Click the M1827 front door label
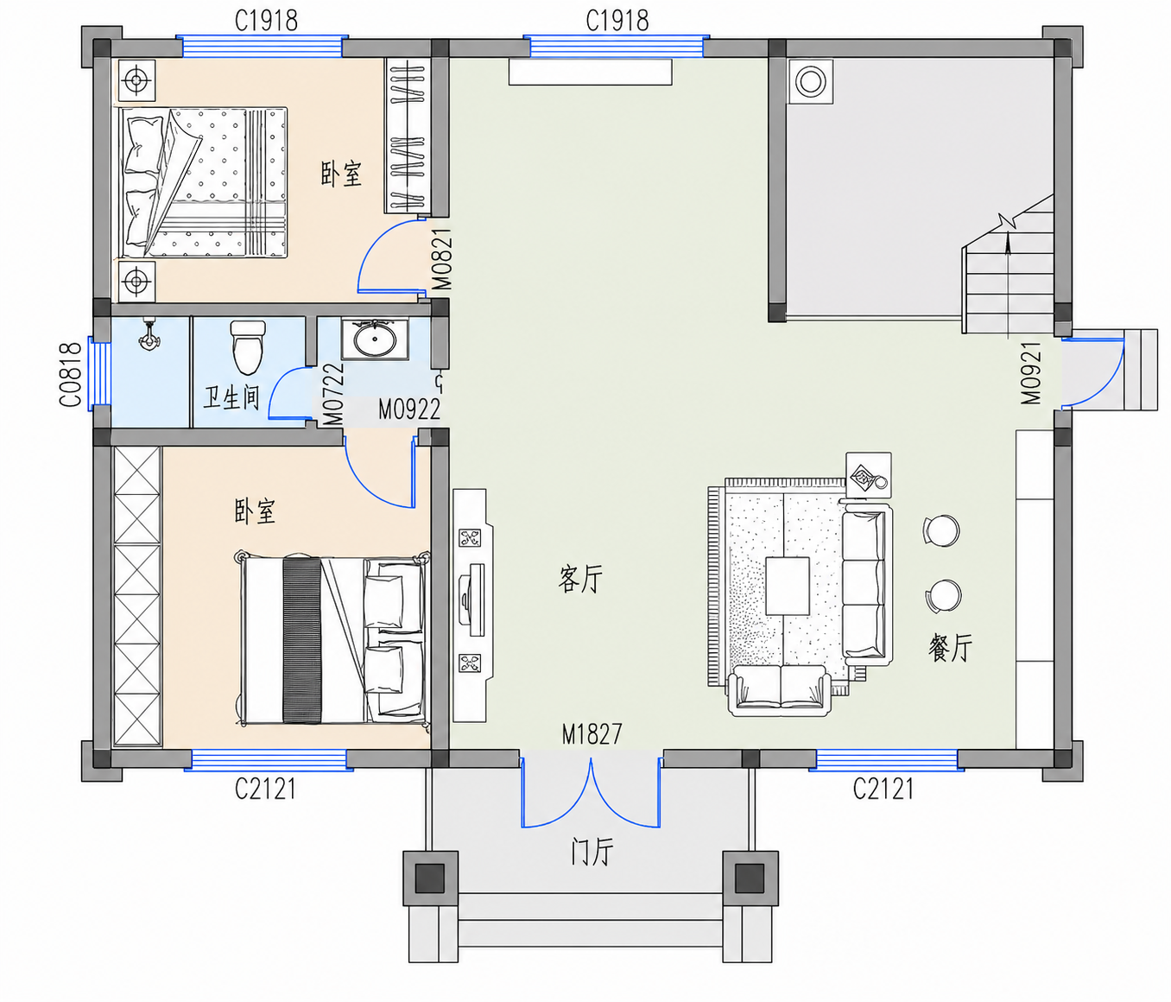[x=592, y=734]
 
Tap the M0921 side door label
[x=1031, y=373]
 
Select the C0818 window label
[x=70, y=375]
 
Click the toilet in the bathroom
[x=248, y=347]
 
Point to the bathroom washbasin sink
[x=375, y=339]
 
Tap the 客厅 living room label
[x=579, y=578]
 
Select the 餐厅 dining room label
[x=950, y=647]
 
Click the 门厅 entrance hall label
[x=592, y=852]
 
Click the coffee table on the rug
[x=787, y=586]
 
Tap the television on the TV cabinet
[x=472, y=599]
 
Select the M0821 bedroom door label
[x=442, y=258]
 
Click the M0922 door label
[x=409, y=409]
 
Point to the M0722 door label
[x=333, y=393]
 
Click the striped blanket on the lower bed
[x=302, y=641]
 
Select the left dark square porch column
[x=430, y=878]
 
